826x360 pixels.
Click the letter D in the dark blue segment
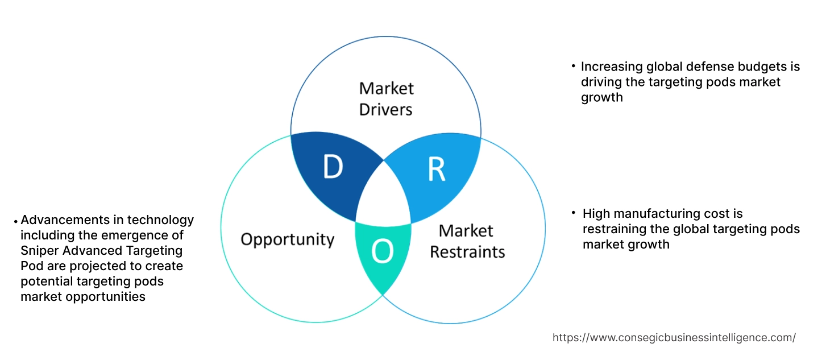[333, 167]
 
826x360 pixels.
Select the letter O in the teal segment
[382, 253]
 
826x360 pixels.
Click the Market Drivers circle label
[386, 98]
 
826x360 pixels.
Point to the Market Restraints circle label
[467, 241]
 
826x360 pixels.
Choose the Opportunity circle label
[287, 239]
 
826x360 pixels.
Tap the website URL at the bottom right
[674, 338]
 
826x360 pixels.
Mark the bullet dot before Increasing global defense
[574, 67]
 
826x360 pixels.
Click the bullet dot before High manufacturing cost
[574, 213]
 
